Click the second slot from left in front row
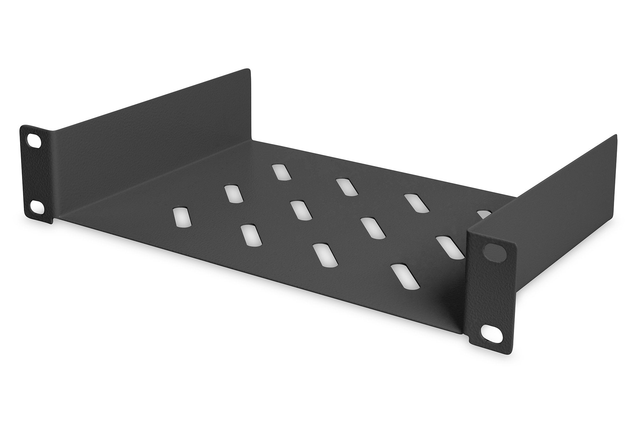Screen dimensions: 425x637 [x=252, y=235]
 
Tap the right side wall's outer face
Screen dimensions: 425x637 [x=541, y=198]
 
